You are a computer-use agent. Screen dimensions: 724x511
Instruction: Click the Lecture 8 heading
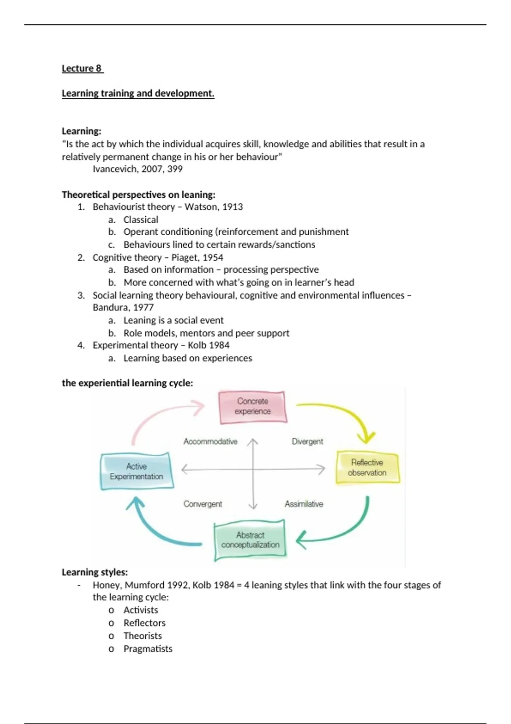(82, 69)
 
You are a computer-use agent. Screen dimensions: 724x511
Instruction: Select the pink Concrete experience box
(253, 407)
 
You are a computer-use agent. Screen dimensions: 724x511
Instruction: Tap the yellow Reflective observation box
(367, 468)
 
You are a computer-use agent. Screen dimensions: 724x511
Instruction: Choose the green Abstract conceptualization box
(250, 540)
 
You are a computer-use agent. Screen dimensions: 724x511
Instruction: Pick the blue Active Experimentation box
(136, 471)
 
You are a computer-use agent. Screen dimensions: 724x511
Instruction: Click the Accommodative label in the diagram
(210, 442)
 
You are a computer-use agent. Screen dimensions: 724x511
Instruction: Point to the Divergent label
(307, 442)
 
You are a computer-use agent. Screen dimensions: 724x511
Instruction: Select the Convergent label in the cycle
(203, 504)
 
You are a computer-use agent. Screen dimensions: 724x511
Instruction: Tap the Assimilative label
(304, 504)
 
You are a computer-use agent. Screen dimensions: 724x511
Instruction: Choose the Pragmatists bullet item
(148, 649)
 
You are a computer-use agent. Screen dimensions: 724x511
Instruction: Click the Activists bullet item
(141, 610)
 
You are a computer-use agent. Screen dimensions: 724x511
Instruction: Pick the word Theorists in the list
(143, 636)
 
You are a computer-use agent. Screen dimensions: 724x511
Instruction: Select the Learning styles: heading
(95, 572)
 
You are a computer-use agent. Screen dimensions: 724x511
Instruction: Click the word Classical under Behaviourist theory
(141, 220)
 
